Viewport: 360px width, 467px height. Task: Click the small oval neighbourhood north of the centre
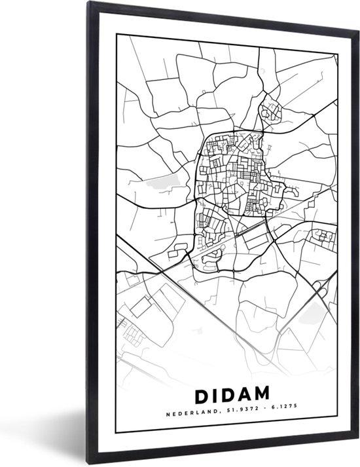click(270, 112)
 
